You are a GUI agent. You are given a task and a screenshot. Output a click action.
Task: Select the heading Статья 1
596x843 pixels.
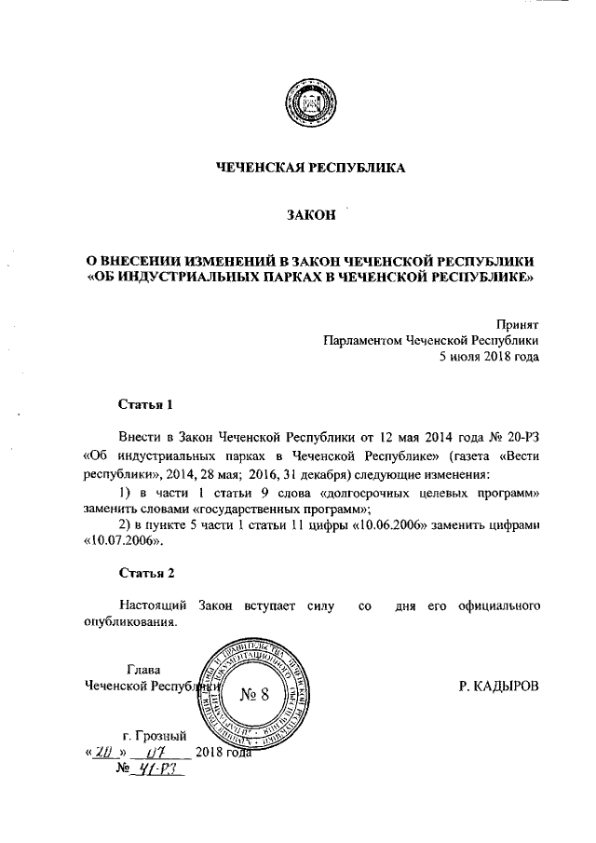click(x=146, y=404)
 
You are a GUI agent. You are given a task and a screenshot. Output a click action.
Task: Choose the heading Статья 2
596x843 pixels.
click(x=146, y=571)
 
